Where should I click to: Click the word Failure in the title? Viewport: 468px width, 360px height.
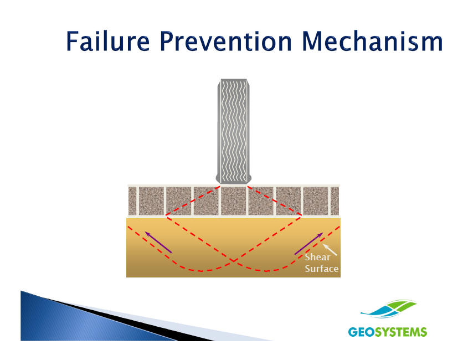click(x=108, y=41)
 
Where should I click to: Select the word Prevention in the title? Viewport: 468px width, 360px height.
click(x=225, y=41)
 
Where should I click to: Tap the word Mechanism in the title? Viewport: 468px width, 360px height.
click(x=372, y=41)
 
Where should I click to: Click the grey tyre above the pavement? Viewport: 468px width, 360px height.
click(x=233, y=131)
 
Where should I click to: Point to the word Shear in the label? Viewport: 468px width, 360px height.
click(x=317, y=257)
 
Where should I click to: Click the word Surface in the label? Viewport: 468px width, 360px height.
click(x=322, y=269)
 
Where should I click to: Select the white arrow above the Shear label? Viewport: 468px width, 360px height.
click(x=330, y=250)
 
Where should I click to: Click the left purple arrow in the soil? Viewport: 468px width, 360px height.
click(x=158, y=242)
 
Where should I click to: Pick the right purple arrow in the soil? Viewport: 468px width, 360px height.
click(x=309, y=243)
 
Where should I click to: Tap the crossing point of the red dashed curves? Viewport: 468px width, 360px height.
click(x=233, y=261)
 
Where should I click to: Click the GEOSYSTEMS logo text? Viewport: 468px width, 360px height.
click(x=387, y=332)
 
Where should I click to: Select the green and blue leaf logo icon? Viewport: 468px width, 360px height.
click(x=388, y=309)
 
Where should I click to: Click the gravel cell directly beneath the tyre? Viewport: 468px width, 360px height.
click(x=233, y=200)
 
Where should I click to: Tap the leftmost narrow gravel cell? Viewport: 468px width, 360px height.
click(x=132, y=200)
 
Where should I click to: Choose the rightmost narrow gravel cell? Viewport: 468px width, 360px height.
click(x=335, y=200)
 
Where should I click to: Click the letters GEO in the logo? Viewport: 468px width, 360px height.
click(x=362, y=332)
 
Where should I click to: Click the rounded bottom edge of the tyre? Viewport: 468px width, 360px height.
click(x=233, y=181)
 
